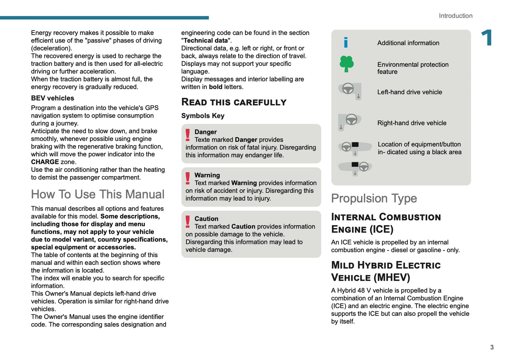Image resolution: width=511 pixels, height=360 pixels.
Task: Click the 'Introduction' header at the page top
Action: coord(455,16)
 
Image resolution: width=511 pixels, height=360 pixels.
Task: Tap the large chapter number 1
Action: coord(487,38)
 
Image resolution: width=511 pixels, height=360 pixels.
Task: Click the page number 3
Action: coord(492,347)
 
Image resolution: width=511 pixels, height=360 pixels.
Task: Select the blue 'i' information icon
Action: coord(345,42)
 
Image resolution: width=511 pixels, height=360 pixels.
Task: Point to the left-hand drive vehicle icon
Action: coord(350,91)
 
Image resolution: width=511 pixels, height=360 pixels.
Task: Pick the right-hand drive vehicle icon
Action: coord(349,122)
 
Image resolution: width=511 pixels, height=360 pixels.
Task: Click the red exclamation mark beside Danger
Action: coord(188,135)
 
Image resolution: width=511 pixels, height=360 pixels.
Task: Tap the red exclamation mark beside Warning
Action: coord(188,178)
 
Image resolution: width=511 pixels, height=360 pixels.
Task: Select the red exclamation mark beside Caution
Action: coord(188,222)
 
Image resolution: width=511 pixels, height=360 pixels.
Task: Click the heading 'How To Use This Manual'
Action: coord(98,194)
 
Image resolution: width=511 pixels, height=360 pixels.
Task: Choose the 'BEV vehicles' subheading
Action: coord(52,98)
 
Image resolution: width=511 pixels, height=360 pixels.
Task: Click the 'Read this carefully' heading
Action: coord(234,102)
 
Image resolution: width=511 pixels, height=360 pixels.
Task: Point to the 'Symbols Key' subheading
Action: coord(203,116)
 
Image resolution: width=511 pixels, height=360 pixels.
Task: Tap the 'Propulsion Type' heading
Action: coord(374,198)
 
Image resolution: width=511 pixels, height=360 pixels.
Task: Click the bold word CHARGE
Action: coord(45,162)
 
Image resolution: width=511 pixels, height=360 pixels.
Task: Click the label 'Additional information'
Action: coord(408,43)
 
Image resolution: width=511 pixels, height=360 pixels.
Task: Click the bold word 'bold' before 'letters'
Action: coord(215,87)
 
